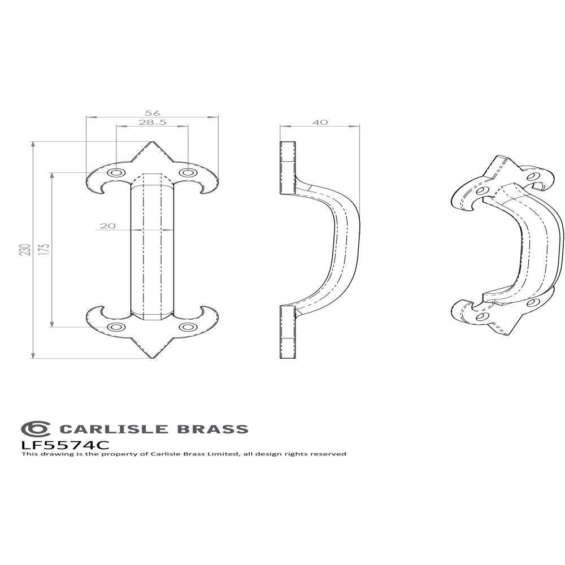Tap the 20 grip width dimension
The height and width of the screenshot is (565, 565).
107,226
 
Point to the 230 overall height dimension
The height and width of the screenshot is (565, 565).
24,250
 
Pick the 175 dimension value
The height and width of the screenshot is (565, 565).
45,250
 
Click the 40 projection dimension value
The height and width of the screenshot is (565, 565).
320,122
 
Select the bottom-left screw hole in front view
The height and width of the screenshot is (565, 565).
116,327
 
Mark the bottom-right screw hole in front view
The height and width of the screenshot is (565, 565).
187,327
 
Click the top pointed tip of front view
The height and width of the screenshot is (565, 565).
151,142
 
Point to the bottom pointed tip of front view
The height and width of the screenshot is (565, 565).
151,358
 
